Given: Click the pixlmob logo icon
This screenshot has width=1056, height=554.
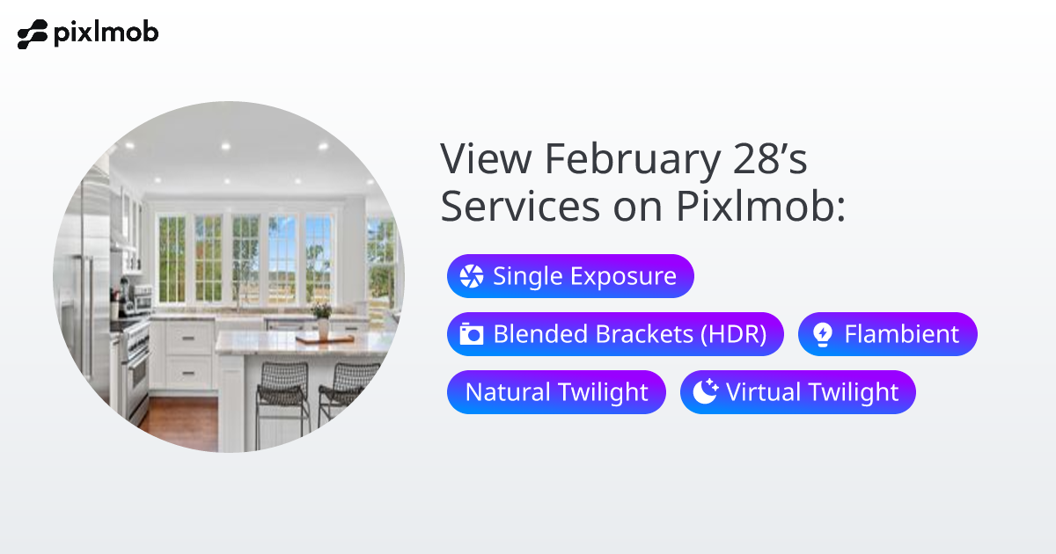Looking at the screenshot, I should pos(33,35).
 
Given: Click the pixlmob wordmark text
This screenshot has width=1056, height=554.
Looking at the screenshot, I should pos(106,33).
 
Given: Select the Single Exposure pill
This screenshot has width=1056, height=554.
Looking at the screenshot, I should pos(570,276).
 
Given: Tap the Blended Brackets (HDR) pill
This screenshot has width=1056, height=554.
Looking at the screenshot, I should pos(615,334).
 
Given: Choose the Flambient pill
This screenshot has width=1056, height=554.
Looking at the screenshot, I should pos(887,334).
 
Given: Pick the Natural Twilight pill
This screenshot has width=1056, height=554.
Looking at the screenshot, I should pos(556,392).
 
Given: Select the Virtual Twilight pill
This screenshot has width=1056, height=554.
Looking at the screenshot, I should pos(797,392).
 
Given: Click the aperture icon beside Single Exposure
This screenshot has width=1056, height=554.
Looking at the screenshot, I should pos(472,276).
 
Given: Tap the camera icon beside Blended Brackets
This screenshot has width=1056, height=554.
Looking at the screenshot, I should pos(472,334).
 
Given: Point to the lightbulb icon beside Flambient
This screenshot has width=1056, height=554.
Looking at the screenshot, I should pos(822,334).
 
